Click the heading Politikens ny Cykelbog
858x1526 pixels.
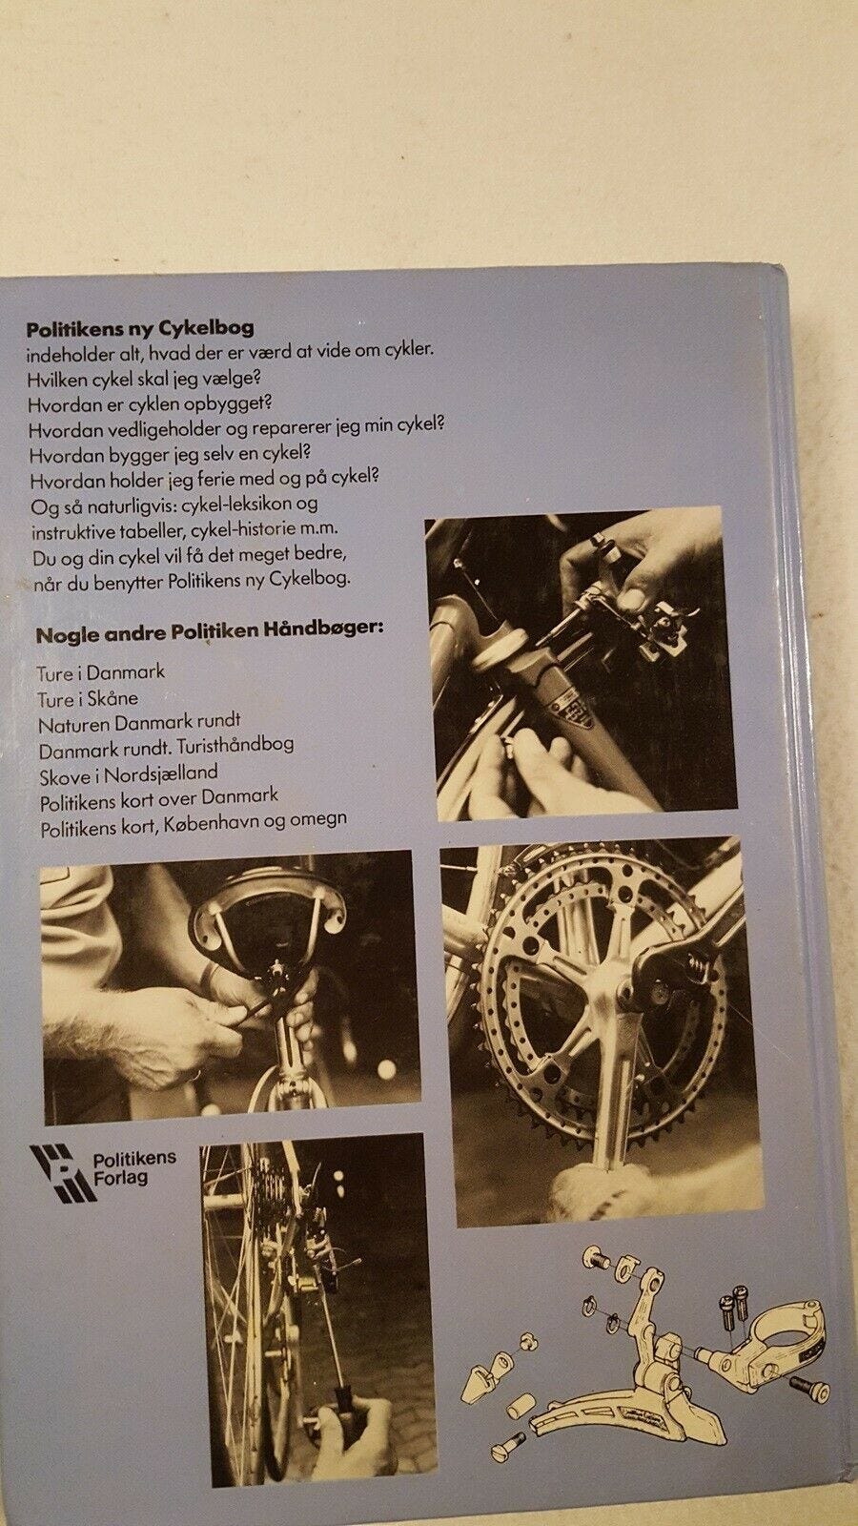tap(139, 328)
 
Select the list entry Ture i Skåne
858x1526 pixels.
tap(88, 698)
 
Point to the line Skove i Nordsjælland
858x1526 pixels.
tap(129, 773)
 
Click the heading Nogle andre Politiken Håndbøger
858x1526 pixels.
tap(210, 632)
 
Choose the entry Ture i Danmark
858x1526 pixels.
tap(101, 673)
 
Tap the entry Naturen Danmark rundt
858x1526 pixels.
tap(139, 721)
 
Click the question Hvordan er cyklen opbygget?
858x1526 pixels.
tap(151, 404)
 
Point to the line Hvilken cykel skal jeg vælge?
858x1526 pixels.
tap(146, 378)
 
